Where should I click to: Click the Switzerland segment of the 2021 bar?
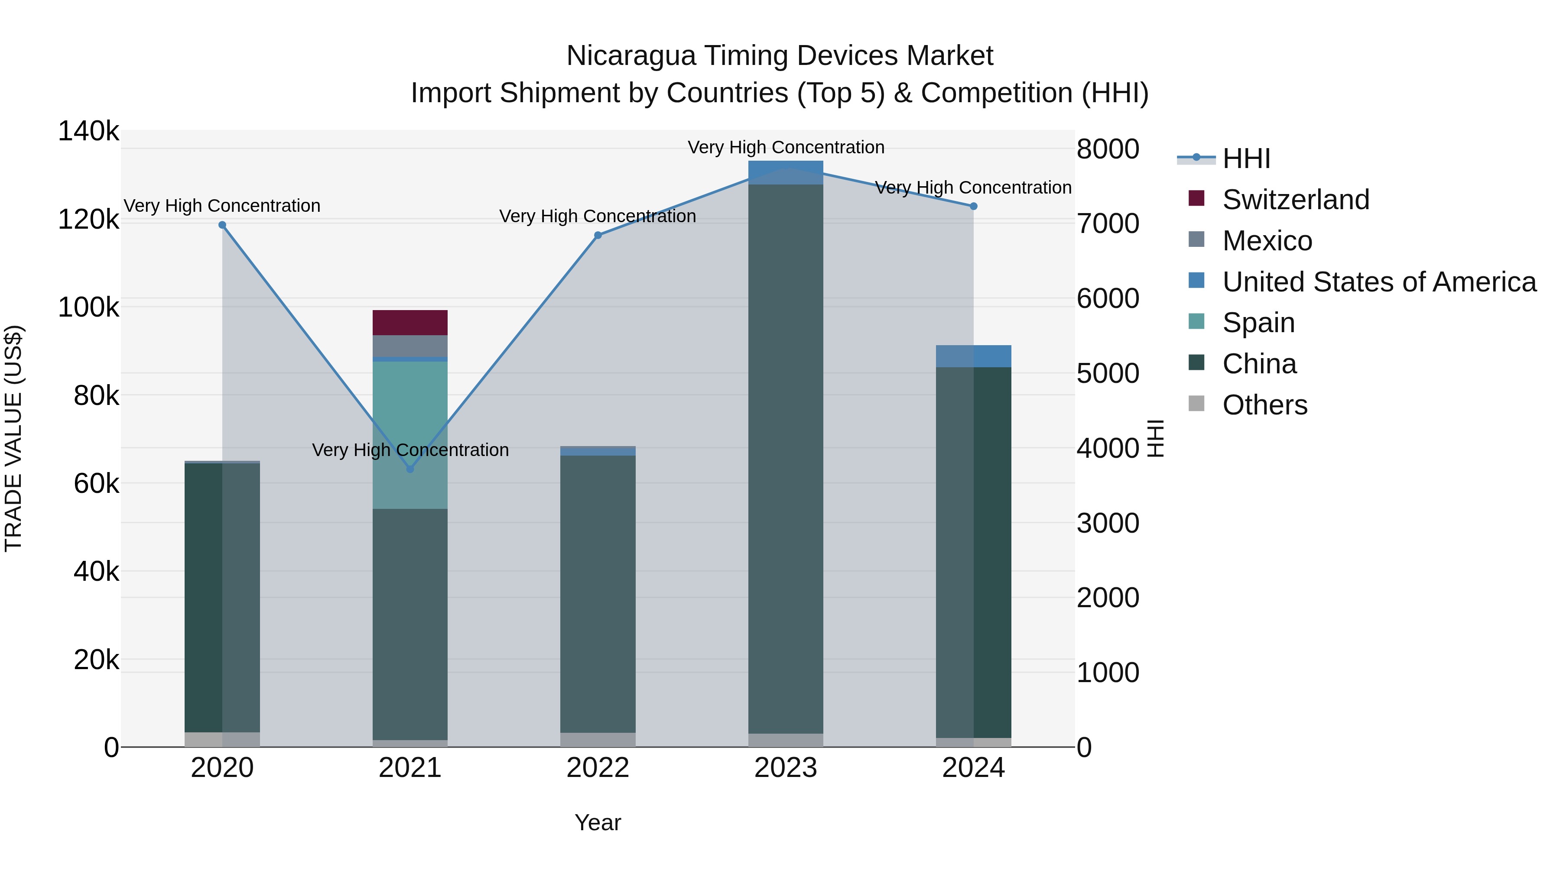[410, 323]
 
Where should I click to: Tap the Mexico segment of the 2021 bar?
[410, 346]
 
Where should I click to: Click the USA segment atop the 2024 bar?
[973, 356]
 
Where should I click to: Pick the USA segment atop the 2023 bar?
[786, 172]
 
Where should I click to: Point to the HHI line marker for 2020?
[222, 225]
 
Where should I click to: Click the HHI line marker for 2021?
[410, 469]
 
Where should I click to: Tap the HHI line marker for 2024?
[973, 207]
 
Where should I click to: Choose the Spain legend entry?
[1258, 323]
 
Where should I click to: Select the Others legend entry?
[1264, 405]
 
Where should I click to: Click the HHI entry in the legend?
[1246, 159]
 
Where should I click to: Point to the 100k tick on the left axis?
[88, 307]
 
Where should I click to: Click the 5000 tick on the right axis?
[1108, 373]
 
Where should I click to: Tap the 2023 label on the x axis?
[786, 768]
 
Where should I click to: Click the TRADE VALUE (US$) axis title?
[14, 438]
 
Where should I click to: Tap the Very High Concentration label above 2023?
[786, 147]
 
